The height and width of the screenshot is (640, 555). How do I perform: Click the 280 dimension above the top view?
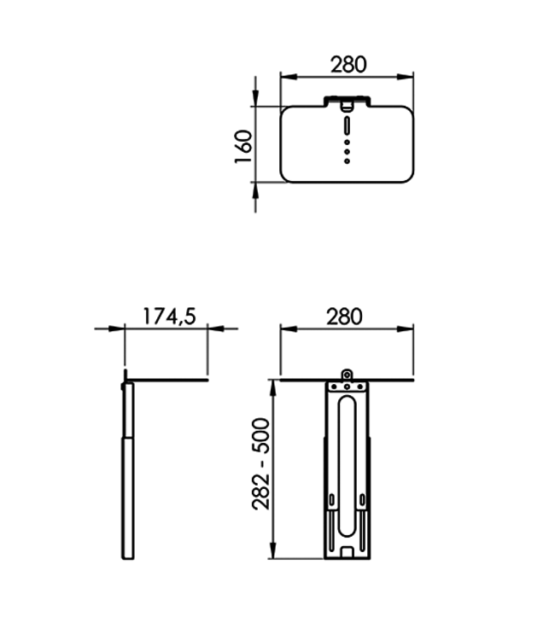(x=348, y=64)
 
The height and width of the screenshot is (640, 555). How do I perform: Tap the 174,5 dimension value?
(x=168, y=315)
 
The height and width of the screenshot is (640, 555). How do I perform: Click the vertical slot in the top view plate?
(x=347, y=127)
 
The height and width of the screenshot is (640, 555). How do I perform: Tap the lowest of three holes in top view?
(x=347, y=160)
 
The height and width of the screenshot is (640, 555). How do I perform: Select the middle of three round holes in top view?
(x=347, y=150)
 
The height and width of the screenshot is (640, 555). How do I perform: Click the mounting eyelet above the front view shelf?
(x=347, y=374)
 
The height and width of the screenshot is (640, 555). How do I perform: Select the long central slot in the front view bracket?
(x=347, y=461)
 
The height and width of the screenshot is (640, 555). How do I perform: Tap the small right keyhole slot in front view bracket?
(x=364, y=498)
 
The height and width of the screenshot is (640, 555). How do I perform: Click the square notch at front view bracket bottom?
(x=347, y=554)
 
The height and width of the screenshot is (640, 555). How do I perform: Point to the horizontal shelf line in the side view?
(x=166, y=380)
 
